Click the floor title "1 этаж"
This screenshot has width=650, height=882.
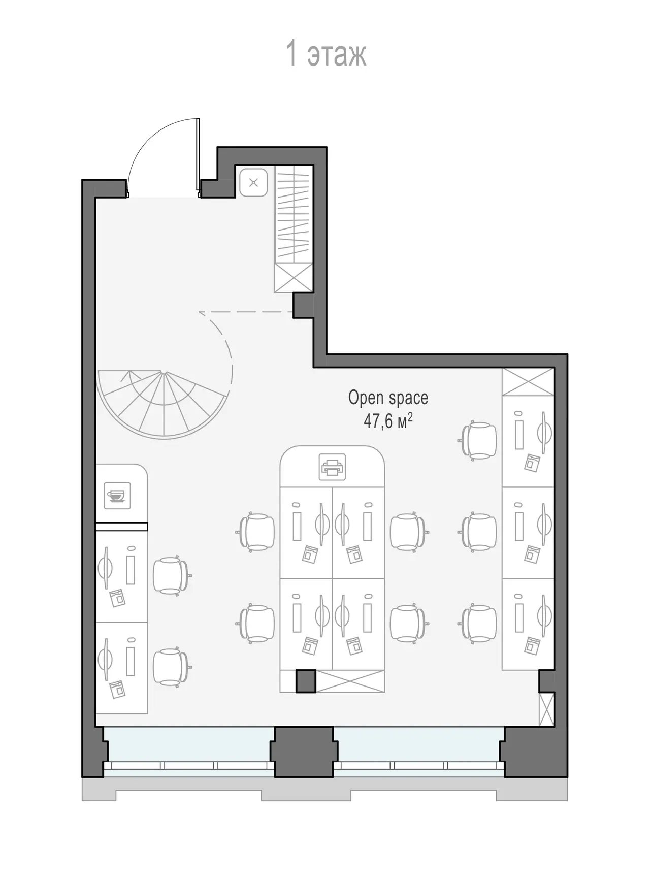(327, 54)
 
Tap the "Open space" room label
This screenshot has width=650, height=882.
(388, 398)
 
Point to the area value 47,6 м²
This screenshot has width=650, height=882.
(387, 421)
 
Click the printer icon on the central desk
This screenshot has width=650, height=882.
(332, 467)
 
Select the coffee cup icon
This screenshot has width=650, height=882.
(117, 495)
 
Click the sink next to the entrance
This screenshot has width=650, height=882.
(253, 182)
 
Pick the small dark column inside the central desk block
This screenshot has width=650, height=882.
(306, 681)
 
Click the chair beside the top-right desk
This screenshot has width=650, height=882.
(480, 440)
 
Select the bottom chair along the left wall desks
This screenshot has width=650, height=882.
(172, 666)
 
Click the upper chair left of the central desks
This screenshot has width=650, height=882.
(257, 532)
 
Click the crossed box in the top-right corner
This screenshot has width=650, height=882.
(528, 382)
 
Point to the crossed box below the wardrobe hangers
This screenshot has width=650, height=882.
(293, 278)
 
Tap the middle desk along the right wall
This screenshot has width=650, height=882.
(528, 533)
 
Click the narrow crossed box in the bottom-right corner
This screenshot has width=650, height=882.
(546, 709)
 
